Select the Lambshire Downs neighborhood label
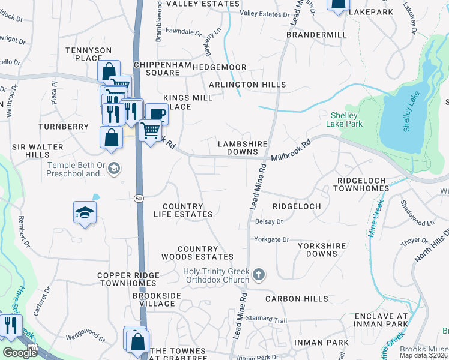[243, 148]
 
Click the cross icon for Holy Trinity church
[259, 275]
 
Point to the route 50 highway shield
[139, 198]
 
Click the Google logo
[20, 352]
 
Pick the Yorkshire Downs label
[321, 250]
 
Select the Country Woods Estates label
[197, 253]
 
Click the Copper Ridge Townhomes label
[129, 279]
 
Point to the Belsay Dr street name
[269, 221]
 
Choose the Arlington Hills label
[247, 85]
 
